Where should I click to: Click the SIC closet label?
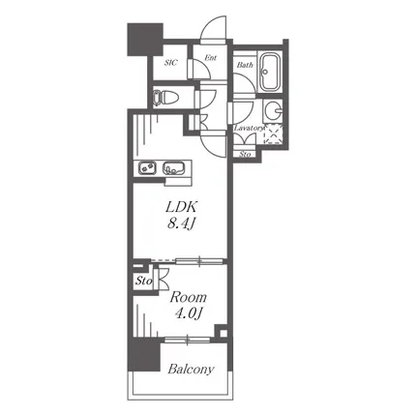pos(170,63)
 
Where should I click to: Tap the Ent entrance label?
pos(210,58)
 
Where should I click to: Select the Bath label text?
pos(245,65)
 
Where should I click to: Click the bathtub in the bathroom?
pos(270,73)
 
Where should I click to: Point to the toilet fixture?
pos(165,98)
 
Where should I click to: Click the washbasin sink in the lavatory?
pos(273,111)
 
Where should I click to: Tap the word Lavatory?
pos(249,128)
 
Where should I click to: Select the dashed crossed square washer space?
pos(274,134)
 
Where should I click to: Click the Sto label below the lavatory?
pos(245,155)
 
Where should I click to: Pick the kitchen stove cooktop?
pos(147,168)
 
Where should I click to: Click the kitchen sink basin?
pos(174,168)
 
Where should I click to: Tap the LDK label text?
pos(181,207)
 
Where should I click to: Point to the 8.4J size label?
pos(181,223)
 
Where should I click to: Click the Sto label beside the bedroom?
pos(143,282)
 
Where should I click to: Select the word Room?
pos(189,297)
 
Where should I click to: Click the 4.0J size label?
pos(189,313)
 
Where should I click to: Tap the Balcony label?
pos(191,369)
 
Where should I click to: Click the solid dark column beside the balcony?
pos(144,355)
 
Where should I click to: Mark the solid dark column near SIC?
pos(144,39)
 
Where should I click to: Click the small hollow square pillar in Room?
pos(223,332)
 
